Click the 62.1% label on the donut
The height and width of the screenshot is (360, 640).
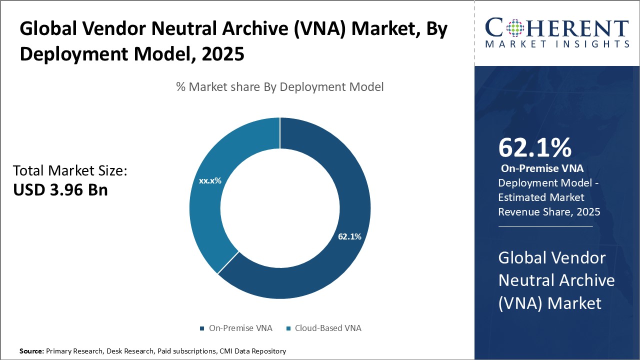[349, 236]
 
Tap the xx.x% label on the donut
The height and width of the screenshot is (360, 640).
[210, 180]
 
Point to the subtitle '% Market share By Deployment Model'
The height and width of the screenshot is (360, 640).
[280, 86]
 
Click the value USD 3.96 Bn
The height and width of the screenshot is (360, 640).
[60, 190]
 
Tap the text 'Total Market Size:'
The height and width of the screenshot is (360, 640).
[70, 171]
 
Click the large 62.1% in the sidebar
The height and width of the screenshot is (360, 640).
[534, 147]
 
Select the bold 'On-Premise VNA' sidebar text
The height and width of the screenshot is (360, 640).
[542, 168]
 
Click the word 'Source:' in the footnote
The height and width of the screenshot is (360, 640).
[31, 351]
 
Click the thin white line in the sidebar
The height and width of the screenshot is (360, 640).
[545, 226]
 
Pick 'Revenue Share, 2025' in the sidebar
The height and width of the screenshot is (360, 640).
[549, 212]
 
